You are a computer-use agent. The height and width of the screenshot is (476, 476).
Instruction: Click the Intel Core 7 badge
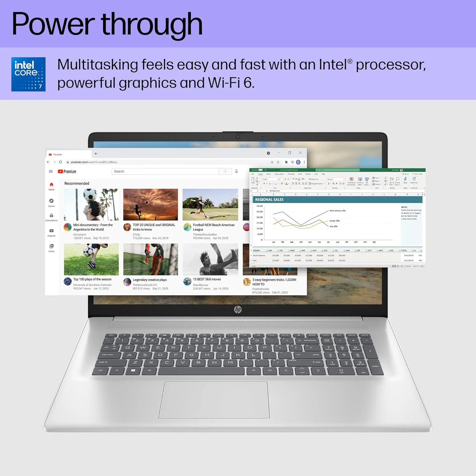pos(28,74)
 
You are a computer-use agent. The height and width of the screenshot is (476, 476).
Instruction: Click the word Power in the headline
pos(53,24)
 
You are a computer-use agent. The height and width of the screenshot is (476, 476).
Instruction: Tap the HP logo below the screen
pos(238,309)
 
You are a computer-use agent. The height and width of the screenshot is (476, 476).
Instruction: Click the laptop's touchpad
pos(214,400)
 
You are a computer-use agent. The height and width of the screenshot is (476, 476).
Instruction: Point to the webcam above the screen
pos(238,136)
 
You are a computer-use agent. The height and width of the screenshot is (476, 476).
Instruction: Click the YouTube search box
pos(165,171)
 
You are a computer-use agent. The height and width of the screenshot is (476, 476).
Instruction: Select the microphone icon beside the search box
pos(236,171)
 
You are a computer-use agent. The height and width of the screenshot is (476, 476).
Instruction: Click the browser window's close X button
pos(300,153)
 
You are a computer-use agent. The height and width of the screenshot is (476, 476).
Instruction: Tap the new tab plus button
pos(96,154)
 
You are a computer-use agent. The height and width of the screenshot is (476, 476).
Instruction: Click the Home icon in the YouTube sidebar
pos(51,186)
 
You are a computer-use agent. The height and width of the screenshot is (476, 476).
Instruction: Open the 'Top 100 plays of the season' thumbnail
pos(91,259)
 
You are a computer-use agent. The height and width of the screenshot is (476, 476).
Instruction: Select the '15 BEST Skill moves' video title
pos(207,279)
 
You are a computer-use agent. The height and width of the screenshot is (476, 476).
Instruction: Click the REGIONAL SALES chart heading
pos(269,200)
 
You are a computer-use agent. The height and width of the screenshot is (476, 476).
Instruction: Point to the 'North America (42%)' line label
pos(338,211)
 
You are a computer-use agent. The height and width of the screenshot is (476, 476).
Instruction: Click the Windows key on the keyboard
pos(133,370)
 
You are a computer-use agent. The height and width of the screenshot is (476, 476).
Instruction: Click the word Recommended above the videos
pos(77,183)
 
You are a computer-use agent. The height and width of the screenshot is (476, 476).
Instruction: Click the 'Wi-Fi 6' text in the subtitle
pos(231,83)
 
